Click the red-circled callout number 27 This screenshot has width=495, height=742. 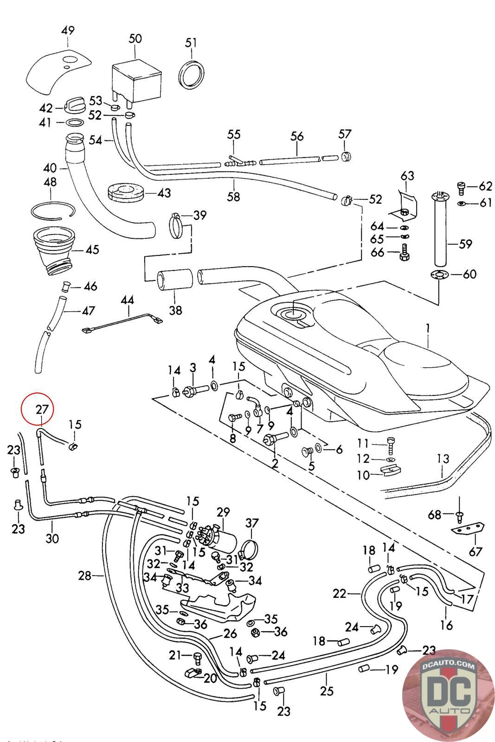click(42, 409)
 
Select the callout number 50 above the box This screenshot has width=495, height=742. click(135, 38)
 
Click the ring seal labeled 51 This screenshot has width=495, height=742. click(192, 73)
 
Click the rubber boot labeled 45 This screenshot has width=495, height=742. click(53, 248)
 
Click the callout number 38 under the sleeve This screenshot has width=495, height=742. click(176, 310)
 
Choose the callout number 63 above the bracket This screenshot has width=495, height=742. click(407, 176)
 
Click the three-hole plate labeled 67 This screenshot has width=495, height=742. click(468, 530)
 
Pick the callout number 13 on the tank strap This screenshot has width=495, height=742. click(443, 459)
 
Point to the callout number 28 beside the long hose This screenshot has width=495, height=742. click(84, 576)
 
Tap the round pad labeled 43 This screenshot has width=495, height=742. click(126, 191)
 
